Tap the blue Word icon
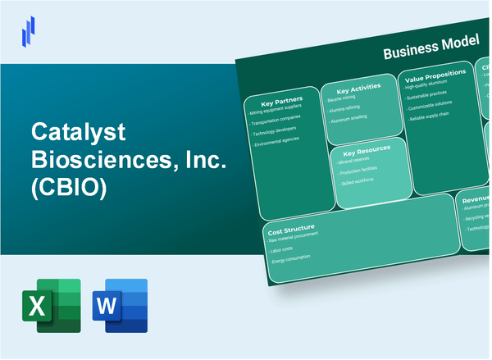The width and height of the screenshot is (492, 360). [121, 305]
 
